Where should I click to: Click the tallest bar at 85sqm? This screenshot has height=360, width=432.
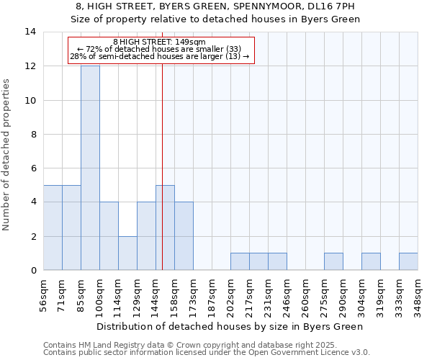point(90,168)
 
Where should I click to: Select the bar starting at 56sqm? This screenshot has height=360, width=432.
point(53,228)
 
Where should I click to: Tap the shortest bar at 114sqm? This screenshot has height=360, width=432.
point(127,253)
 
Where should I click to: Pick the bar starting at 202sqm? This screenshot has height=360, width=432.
point(240,261)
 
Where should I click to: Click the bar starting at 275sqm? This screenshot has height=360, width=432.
point(333,261)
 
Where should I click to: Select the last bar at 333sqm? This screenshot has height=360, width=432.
point(408,261)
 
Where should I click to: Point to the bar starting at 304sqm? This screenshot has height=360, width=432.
point(371,261)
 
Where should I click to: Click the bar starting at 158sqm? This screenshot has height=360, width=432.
point(184,236)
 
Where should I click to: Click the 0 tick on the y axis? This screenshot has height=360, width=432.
point(34,271)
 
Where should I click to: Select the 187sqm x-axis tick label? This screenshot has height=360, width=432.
point(212,294)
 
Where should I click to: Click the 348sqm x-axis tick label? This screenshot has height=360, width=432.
point(418,294)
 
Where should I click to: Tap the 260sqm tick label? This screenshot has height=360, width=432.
point(305,294)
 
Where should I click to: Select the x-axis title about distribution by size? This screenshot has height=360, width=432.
point(230,326)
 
